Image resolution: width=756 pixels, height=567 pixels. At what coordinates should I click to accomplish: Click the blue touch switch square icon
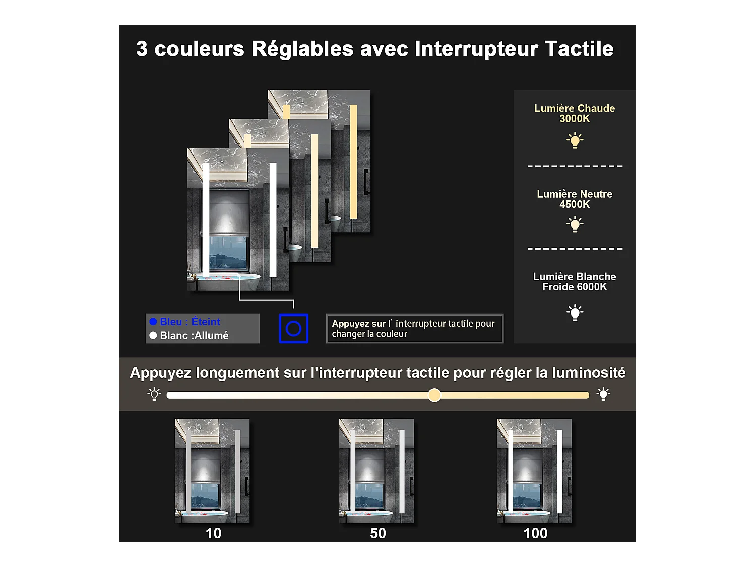click(x=293, y=329)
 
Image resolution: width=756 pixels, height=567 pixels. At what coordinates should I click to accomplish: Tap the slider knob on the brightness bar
click(x=434, y=395)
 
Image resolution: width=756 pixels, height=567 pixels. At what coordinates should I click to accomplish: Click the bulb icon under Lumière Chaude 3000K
click(x=575, y=140)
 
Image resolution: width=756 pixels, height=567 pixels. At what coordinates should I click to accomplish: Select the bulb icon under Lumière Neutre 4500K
click(x=575, y=224)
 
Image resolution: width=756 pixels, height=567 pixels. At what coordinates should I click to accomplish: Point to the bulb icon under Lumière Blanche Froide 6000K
click(x=575, y=312)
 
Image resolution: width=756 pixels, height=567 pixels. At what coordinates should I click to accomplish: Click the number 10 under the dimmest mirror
click(x=213, y=533)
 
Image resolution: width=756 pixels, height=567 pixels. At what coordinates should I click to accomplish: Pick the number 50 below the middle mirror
click(x=377, y=533)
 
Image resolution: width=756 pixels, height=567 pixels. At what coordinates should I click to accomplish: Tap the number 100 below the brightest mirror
click(x=535, y=533)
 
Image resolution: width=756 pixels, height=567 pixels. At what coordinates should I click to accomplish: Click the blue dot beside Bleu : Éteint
click(x=153, y=322)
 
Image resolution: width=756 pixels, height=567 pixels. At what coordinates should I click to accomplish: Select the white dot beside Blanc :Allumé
click(x=153, y=335)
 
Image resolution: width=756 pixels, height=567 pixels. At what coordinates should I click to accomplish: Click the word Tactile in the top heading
click(x=579, y=49)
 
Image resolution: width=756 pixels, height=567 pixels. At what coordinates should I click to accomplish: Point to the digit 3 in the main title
click(x=142, y=49)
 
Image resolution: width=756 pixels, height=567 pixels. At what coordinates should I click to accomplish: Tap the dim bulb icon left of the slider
click(x=154, y=394)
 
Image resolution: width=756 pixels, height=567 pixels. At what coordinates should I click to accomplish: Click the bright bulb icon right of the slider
click(x=603, y=394)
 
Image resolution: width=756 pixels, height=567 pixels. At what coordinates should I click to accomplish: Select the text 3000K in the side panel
click(x=575, y=119)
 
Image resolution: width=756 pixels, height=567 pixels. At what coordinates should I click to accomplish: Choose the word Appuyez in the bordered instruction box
click(x=351, y=324)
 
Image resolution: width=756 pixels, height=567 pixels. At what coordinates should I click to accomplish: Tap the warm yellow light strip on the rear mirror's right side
click(x=353, y=161)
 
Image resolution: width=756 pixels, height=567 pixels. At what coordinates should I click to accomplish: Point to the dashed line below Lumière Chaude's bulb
click(x=575, y=166)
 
